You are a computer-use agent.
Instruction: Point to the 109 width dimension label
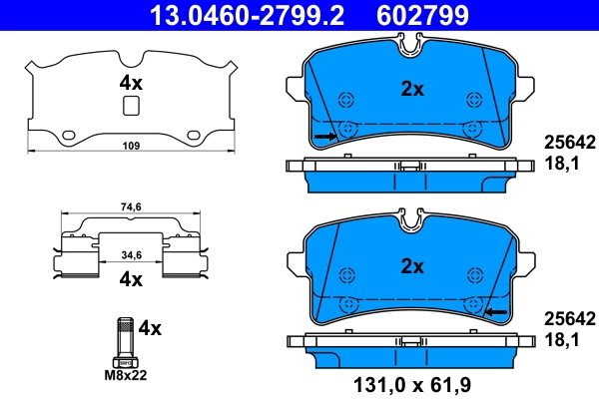click(x=130, y=148)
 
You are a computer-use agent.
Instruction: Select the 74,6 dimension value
click(x=130, y=207)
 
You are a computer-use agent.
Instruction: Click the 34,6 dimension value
click(x=130, y=256)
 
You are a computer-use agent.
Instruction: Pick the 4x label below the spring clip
click(x=130, y=280)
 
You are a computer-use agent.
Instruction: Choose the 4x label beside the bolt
click(x=150, y=326)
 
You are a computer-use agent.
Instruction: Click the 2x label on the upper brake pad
click(x=412, y=89)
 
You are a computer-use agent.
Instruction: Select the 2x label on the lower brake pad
click(x=412, y=266)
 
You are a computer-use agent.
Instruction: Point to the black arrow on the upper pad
click(x=324, y=135)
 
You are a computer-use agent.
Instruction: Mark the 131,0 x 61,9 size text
click(x=412, y=382)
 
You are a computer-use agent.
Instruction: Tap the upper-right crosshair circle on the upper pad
click(x=474, y=99)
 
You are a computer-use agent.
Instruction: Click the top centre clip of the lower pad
click(x=410, y=217)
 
